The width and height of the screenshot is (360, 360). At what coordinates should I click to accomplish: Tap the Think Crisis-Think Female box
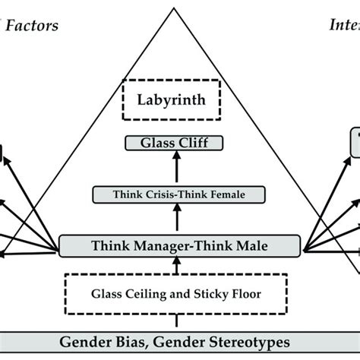pyautogui.click(x=180, y=194)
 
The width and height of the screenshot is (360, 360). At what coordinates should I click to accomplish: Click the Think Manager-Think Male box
pyautogui.click(x=180, y=245)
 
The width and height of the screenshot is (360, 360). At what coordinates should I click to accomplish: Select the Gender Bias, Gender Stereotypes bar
pyautogui.click(x=180, y=341)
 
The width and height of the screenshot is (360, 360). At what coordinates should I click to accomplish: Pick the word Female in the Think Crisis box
pyautogui.click(x=226, y=194)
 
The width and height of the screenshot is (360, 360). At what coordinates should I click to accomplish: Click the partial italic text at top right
pyautogui.click(x=344, y=26)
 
